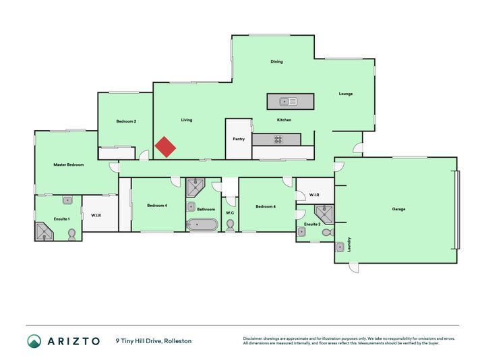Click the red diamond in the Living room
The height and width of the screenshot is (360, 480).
click(x=165, y=147)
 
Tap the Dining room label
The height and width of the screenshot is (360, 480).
click(x=276, y=61)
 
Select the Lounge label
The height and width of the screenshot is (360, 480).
click(x=346, y=94)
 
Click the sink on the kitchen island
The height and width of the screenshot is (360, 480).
click(x=288, y=101)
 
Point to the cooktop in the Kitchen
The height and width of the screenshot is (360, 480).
click(x=278, y=140)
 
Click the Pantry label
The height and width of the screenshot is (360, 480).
click(x=239, y=139)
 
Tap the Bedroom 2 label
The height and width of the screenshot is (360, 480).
click(x=126, y=121)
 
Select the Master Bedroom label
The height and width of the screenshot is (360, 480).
click(x=69, y=164)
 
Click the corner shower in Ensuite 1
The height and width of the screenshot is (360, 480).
click(x=44, y=231)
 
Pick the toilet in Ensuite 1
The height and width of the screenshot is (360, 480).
click(x=72, y=235)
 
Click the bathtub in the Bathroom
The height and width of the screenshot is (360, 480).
click(x=202, y=224)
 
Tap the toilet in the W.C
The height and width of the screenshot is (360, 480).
click(x=230, y=226)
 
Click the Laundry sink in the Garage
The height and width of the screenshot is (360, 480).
click(x=340, y=247)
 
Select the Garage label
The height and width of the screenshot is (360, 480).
click(x=398, y=209)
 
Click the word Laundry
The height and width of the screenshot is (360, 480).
click(x=349, y=245)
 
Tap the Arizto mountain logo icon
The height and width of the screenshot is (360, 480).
click(x=34, y=341)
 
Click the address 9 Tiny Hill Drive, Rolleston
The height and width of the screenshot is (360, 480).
click(x=154, y=341)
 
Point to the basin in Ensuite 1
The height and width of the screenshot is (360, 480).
click(x=67, y=200)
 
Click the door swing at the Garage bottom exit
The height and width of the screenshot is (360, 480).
click(x=354, y=268)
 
